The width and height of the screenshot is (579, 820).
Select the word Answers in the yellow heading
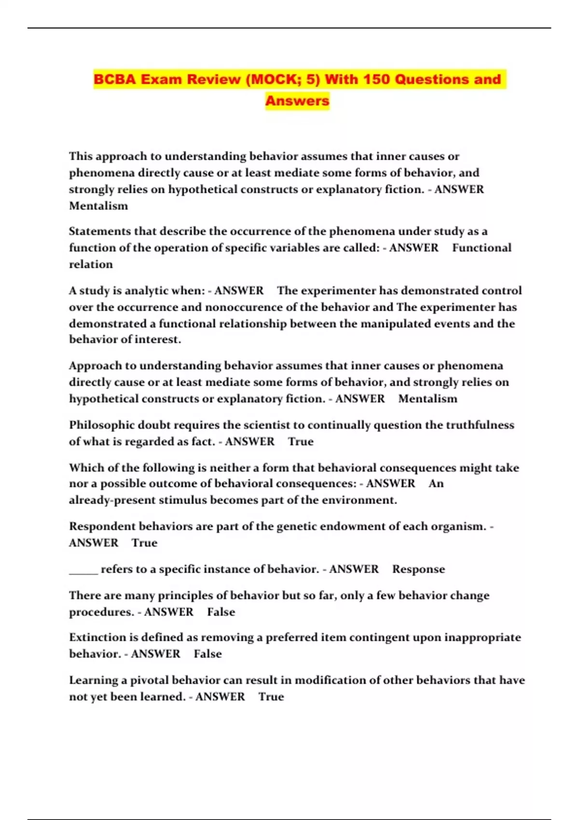click(297, 101)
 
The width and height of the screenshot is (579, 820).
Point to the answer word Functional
click(482, 247)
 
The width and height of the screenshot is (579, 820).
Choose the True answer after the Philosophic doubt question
click(301, 441)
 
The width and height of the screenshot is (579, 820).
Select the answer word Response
click(418, 569)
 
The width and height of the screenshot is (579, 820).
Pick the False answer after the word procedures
click(221, 612)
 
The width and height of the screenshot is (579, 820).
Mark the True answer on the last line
click(271, 697)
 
